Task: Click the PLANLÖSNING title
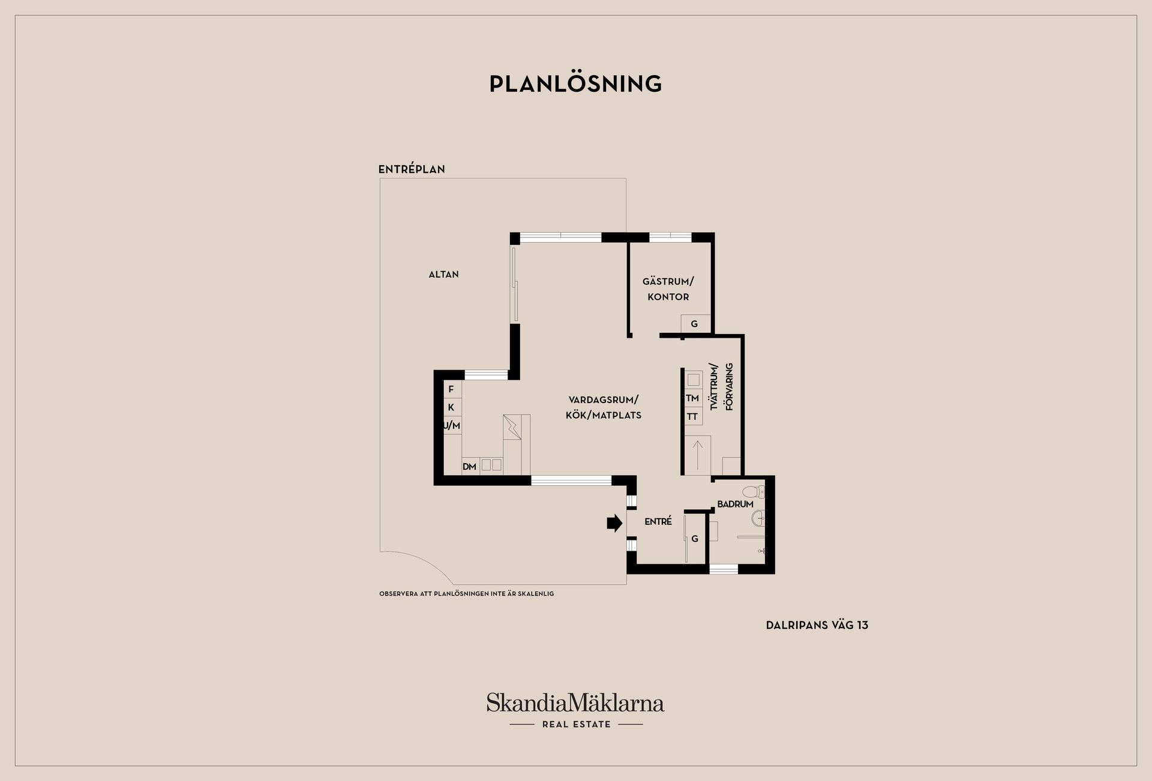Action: click(575, 84)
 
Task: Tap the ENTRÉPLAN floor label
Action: click(412, 169)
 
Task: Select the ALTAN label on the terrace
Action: click(443, 274)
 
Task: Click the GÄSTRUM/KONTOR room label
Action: click(668, 289)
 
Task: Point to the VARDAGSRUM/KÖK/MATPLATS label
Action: click(603, 407)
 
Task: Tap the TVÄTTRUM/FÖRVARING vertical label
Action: click(721, 387)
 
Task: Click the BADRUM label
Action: click(735, 504)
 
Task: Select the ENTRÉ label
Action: click(658, 522)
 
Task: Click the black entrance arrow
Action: click(614, 523)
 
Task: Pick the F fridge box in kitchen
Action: click(451, 389)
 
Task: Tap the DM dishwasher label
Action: click(469, 467)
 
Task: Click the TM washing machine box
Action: click(692, 398)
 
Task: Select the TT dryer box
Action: click(692, 416)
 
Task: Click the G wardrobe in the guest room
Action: click(695, 324)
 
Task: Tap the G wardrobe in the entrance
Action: click(695, 539)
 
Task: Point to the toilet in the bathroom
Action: click(754, 492)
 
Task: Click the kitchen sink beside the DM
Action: click(491, 465)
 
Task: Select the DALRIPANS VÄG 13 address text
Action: click(817, 625)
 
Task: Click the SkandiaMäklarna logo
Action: click(575, 703)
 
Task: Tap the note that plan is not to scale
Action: click(466, 594)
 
